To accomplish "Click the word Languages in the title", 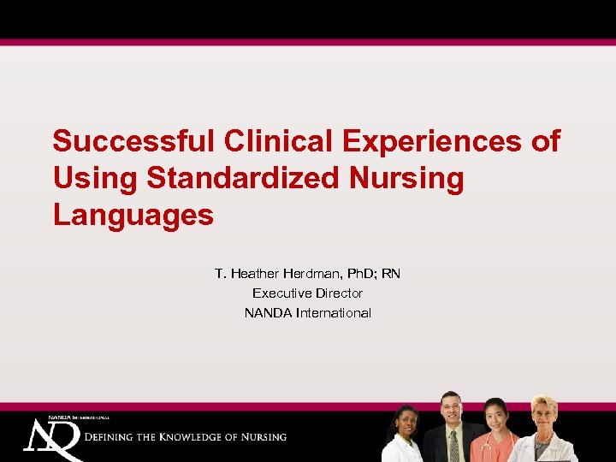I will (133, 215).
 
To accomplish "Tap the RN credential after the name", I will (391, 274).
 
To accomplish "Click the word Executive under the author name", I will (278, 293).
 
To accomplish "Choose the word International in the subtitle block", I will (334, 313).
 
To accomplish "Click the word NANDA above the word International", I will (268, 313).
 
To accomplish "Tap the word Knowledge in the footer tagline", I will (199, 437).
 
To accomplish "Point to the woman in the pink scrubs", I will (496, 432).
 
